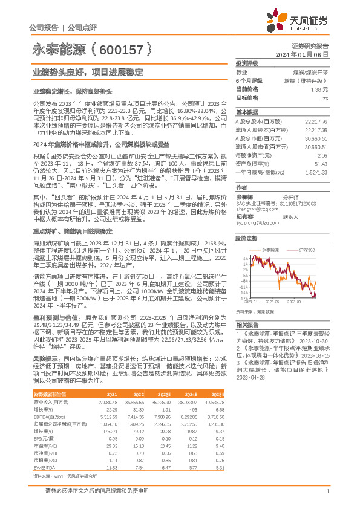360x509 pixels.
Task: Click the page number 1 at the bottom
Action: tap(327, 492)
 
